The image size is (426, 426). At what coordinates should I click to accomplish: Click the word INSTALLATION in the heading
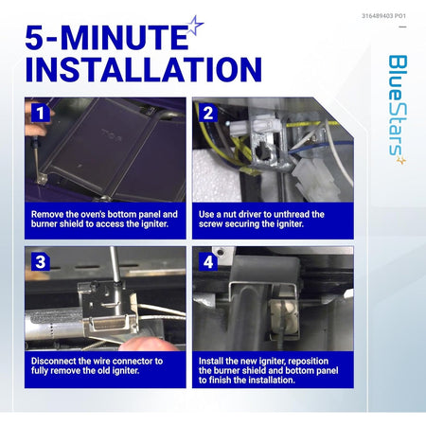coord(144,69)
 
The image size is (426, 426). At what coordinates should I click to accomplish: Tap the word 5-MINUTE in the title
coord(107,38)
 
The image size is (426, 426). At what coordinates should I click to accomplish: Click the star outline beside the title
coord(196,26)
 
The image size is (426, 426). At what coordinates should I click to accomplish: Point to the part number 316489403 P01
coord(383,16)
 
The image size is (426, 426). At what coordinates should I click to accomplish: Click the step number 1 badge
coord(41,114)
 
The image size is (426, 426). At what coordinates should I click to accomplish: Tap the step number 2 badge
coord(208,114)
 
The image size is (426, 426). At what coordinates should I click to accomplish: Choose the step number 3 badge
coord(41,262)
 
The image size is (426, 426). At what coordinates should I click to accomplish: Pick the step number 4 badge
coord(208,262)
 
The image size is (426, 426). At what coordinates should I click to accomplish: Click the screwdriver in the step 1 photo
coord(37,158)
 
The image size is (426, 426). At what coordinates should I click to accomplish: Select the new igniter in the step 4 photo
coord(283,319)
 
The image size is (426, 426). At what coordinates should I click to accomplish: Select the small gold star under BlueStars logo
coord(401,161)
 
